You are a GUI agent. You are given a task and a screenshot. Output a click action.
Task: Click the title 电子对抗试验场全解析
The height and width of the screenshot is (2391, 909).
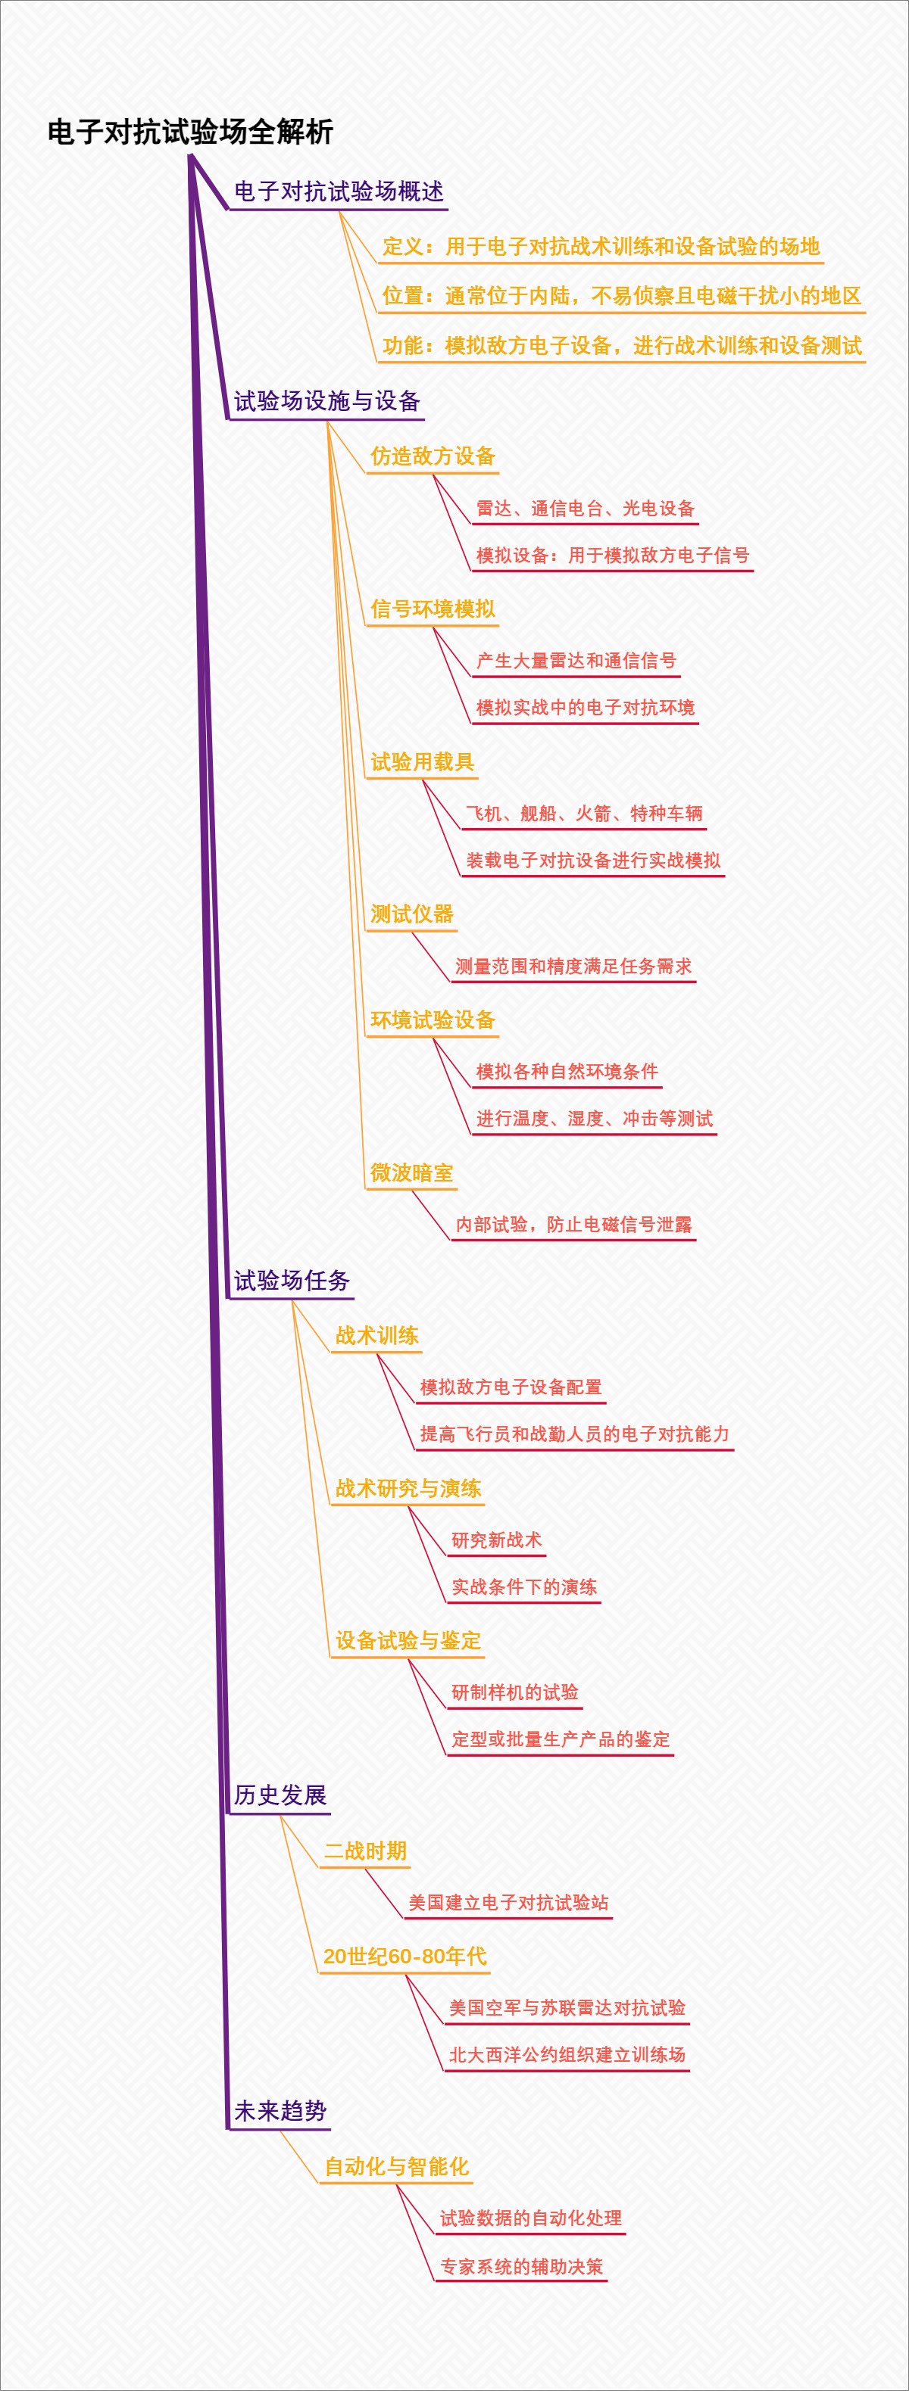pos(190,132)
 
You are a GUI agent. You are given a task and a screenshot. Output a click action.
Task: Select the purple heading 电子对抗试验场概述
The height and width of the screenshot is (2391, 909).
pos(338,192)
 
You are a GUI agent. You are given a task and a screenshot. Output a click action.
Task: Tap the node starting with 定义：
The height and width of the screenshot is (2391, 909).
pos(601,246)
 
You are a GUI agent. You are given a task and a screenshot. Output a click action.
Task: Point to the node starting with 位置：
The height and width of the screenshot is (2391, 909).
pos(621,295)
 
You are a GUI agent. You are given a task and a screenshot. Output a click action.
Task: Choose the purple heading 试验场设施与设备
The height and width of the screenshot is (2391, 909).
pos(326,401)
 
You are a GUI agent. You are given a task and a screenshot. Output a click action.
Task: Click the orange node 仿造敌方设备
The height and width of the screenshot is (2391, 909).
pos(433,456)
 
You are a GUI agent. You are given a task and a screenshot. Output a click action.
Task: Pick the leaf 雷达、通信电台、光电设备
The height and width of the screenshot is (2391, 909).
pos(585,508)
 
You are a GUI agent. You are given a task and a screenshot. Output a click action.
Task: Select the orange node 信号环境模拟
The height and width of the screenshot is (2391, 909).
pos(433,609)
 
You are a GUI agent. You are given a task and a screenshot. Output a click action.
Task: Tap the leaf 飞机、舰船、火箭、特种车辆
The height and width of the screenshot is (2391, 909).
pos(583,813)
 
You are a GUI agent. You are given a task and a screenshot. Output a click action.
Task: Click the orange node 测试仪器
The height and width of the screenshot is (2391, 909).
pos(412,914)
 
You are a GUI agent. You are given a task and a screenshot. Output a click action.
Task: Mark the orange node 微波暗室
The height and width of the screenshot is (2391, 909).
pos(412,1172)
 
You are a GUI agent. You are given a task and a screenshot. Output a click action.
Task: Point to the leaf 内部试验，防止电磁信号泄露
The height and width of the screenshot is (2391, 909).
pos(573,1225)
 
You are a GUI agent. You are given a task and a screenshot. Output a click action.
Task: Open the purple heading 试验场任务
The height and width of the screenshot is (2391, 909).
pos(292,1281)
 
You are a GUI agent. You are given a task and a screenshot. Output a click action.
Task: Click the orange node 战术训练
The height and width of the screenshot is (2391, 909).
pos(377,1336)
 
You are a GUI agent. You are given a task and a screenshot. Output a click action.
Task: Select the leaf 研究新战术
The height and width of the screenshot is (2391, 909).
pos(496,1540)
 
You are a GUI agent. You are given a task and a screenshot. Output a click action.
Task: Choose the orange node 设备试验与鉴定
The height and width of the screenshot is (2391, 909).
pos(408,1640)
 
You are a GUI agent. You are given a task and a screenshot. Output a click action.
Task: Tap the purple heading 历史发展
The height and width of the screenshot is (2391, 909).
pos(280,1795)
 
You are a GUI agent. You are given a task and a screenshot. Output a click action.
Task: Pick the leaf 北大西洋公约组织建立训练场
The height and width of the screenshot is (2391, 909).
pos(567,2055)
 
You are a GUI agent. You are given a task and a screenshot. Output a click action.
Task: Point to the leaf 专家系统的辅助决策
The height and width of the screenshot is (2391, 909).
pos(521,2267)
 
